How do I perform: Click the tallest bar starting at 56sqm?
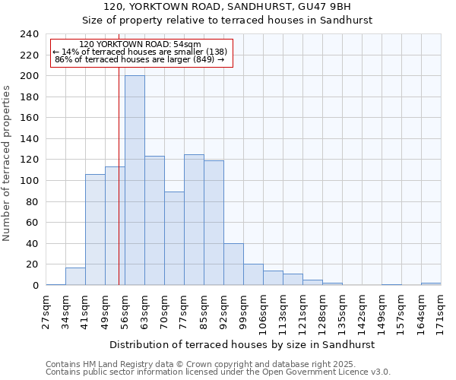pyautogui.click(x=135, y=181)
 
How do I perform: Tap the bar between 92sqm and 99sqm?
pyautogui.click(x=233, y=264)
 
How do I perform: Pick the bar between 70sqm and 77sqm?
pyautogui.click(x=174, y=239)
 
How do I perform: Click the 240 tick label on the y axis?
pyautogui.click(x=30, y=34)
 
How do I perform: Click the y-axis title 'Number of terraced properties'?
pyautogui.click(x=8, y=163)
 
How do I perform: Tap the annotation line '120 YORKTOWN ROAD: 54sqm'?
pyautogui.click(x=140, y=45)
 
